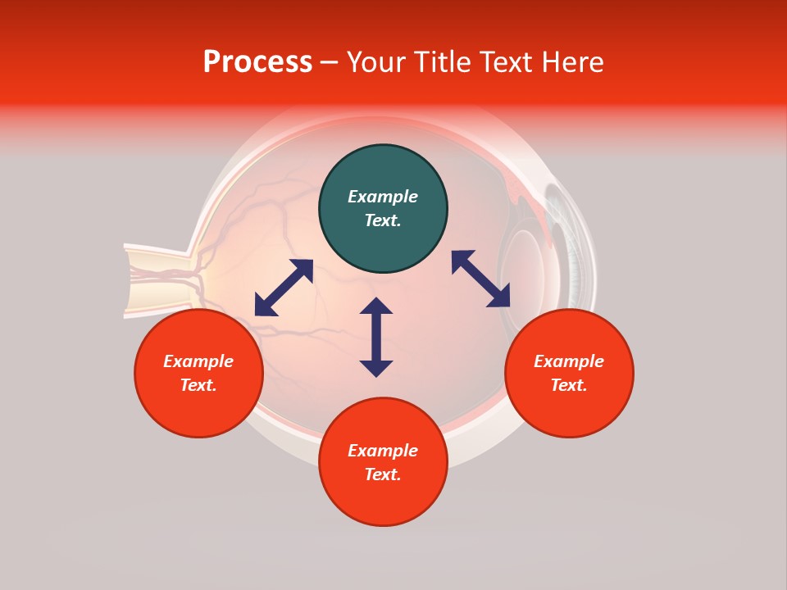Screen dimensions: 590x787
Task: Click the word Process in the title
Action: pos(257,62)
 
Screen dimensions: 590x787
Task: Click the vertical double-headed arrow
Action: pos(376,337)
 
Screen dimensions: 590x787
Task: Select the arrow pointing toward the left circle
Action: pos(284,288)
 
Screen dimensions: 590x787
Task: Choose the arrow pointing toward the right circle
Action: pos(481,279)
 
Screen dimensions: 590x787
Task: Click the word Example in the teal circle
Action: pos(383,197)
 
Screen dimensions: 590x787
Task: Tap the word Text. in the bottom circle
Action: pos(383,474)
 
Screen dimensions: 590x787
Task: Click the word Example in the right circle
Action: pos(569,361)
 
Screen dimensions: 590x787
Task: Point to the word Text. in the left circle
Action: pos(198,385)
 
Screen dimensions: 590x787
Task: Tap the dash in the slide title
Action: pos(329,62)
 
